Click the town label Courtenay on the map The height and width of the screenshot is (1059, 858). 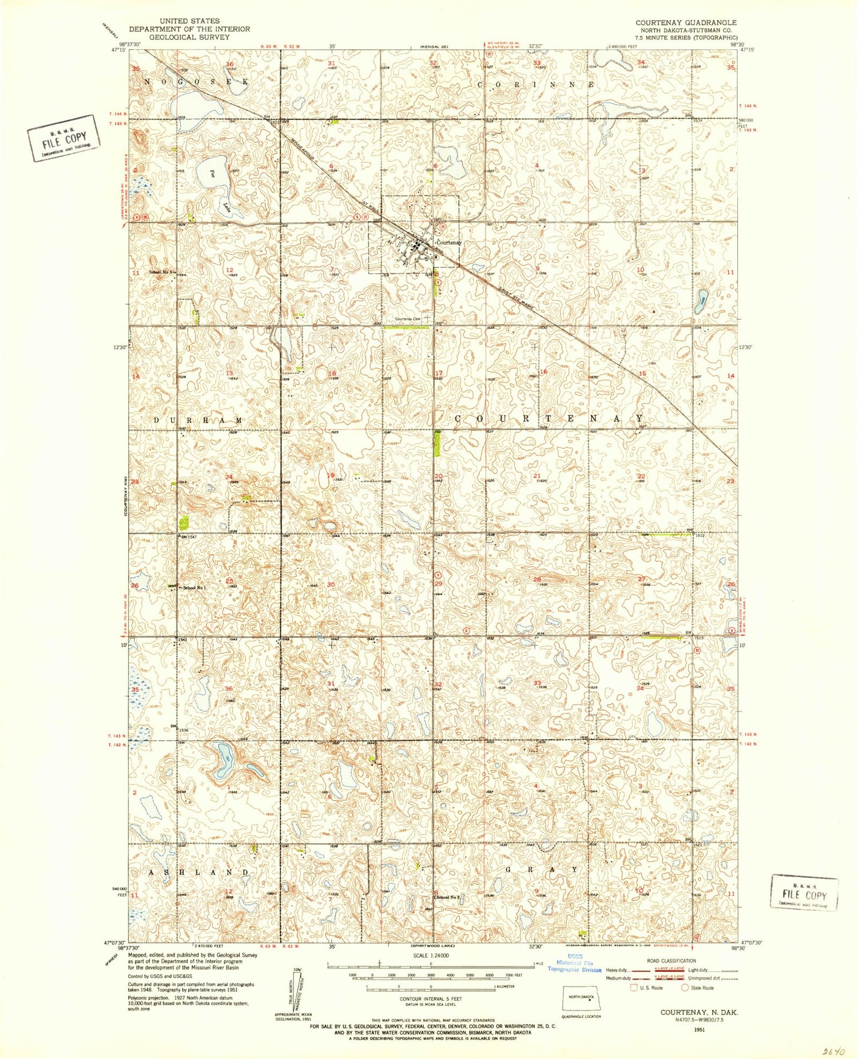coord(449,242)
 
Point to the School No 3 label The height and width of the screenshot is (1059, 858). coord(160,272)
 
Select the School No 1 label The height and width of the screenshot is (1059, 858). coord(194,587)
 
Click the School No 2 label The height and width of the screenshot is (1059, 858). coord(448,897)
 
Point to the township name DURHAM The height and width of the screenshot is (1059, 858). coord(198,420)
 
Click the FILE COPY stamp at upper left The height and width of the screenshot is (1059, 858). coord(63,138)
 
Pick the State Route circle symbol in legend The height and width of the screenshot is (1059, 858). coord(685,988)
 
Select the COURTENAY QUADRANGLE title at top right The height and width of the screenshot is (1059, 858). coord(686,23)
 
